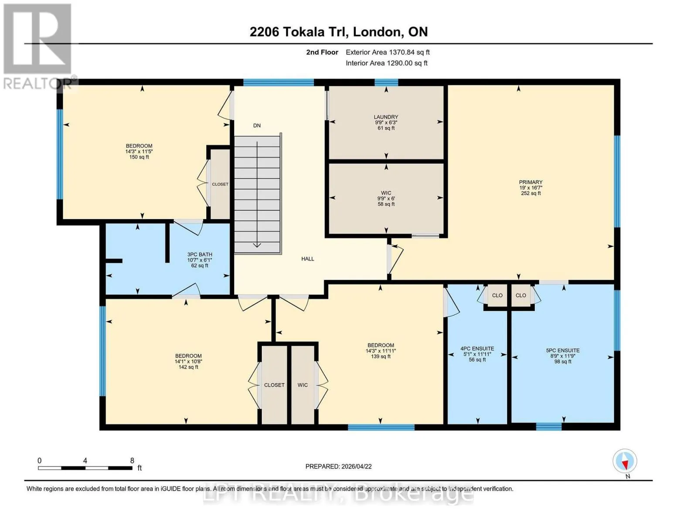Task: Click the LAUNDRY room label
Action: click(386, 117)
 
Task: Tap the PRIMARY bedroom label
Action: click(531, 182)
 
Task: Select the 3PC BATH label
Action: click(200, 254)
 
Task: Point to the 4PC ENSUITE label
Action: click(477, 349)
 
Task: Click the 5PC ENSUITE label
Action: click(563, 350)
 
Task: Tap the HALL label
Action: click(307, 259)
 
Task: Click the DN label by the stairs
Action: click(257, 126)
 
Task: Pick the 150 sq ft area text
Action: click(139, 157)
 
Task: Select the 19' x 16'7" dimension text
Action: click(531, 187)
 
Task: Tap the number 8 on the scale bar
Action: click(132, 460)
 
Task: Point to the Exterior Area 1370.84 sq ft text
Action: click(388, 52)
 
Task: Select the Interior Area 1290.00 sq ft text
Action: click(387, 63)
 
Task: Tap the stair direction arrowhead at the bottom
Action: click(257, 245)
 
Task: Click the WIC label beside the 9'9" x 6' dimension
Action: click(386, 193)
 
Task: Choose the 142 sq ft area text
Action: click(188, 367)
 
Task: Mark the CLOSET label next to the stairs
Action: click(220, 184)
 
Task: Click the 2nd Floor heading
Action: click(322, 52)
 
